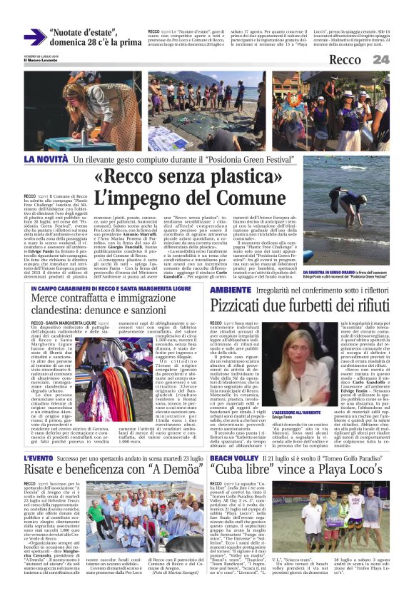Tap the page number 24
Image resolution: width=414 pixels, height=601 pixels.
coord(381,59)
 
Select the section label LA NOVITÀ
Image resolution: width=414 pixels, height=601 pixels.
coord(46,158)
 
